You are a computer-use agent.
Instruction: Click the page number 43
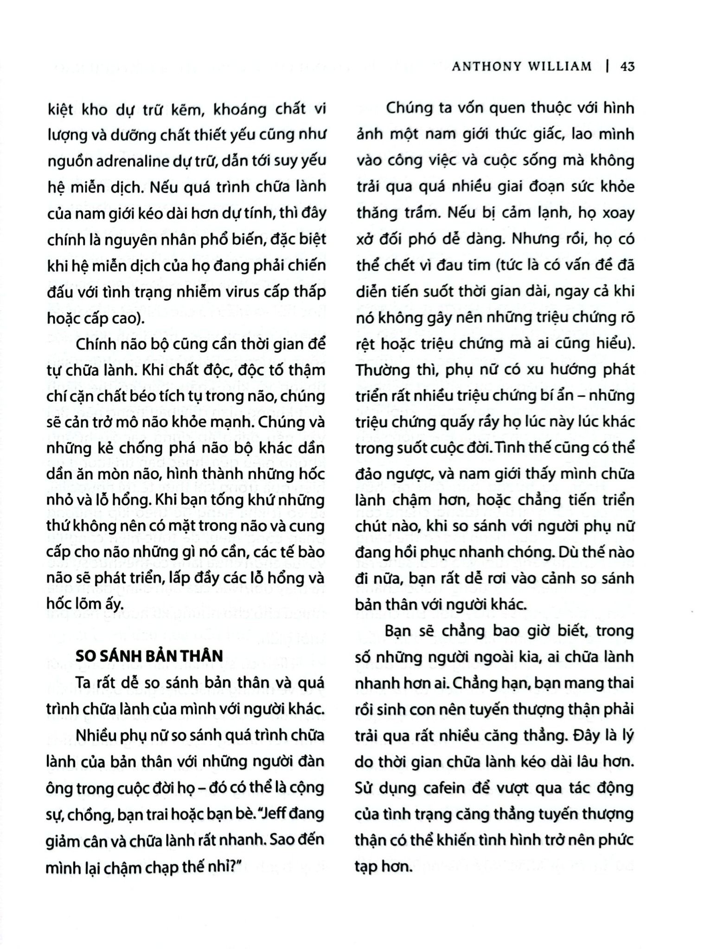point(627,67)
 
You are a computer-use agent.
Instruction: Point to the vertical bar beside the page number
point(607,67)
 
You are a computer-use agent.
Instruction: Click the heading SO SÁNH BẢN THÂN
point(149,656)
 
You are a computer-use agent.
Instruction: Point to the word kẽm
point(186,109)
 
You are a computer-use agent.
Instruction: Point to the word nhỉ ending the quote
point(223,867)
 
